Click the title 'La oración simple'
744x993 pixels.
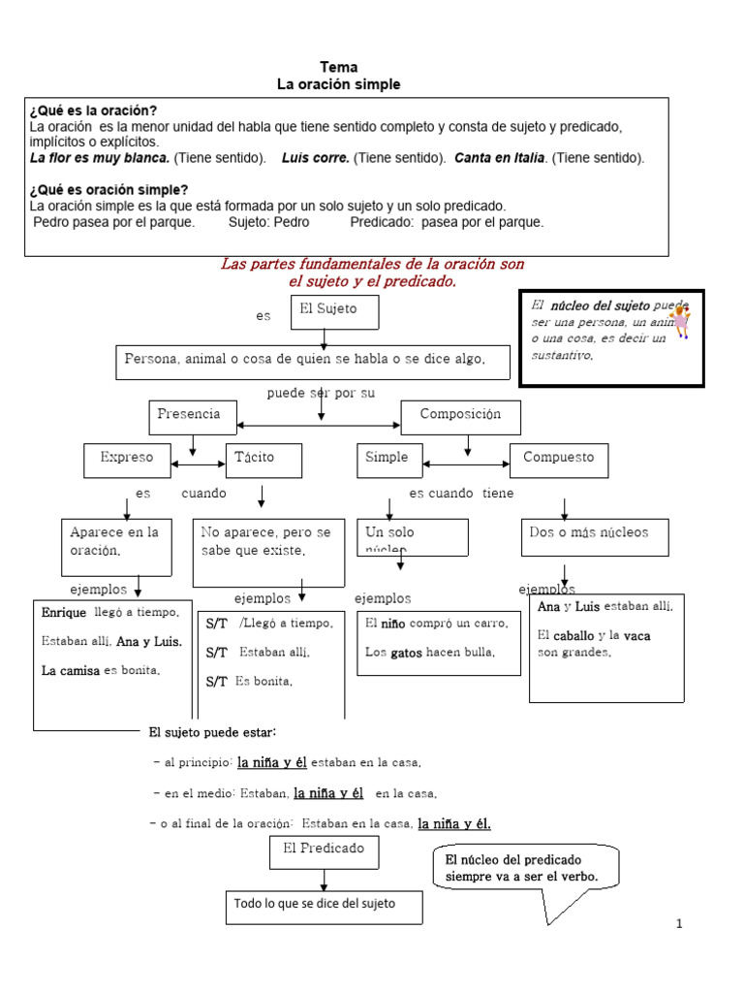pos(338,85)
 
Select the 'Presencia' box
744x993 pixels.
pos(193,417)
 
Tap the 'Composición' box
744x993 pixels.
pos(460,417)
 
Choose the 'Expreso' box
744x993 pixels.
pos(127,458)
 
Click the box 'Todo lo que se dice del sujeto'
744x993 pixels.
pos(324,906)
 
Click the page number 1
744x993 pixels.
pos(679,924)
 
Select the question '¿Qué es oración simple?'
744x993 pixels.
pos(109,189)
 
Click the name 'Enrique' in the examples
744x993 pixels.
pos(65,614)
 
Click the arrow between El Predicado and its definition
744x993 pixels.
pos(324,879)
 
